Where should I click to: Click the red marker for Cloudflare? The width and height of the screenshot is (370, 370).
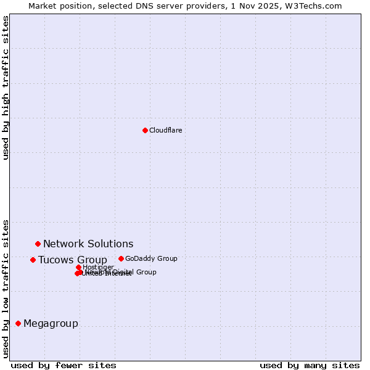point(145,130)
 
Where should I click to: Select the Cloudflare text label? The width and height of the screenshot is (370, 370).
point(165,130)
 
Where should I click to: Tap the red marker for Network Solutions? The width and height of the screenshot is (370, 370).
point(38,244)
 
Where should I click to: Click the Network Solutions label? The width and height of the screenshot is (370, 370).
point(88,244)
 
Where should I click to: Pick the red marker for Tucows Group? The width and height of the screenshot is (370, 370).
point(33,260)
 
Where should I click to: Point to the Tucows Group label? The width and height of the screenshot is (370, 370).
point(72,260)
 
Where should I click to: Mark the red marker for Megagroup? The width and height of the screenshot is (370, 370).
point(18,323)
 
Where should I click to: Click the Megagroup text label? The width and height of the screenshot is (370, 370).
point(51,324)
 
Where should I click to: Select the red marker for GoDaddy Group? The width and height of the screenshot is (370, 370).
point(121,259)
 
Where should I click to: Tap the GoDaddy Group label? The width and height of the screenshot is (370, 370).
point(151,259)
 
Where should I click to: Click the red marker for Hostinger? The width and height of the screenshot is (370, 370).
point(78,267)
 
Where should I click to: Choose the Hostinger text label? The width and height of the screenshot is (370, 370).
point(99,267)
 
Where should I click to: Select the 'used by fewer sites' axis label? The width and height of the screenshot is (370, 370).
point(64,365)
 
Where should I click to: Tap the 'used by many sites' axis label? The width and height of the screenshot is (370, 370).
point(310,365)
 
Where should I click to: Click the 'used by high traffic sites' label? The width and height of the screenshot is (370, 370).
point(6,88)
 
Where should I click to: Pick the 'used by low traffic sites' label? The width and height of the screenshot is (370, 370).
point(6,289)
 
